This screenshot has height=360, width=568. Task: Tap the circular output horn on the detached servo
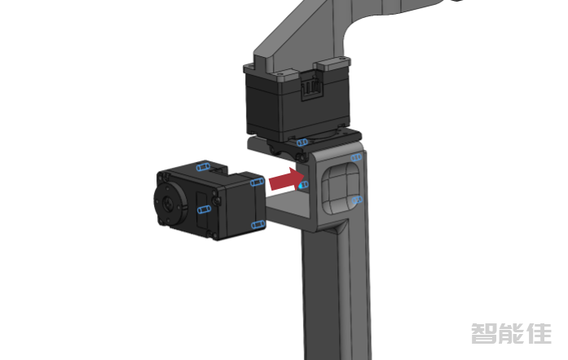point(170,204)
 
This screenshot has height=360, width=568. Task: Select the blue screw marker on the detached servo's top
point(203,167)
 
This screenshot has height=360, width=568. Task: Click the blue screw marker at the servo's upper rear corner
point(258,182)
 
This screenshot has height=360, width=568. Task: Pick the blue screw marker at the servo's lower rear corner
point(258,225)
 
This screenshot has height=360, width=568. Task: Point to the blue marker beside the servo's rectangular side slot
point(205,209)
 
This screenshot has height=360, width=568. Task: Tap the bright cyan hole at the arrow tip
point(303,185)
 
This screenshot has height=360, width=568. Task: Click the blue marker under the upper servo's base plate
point(302,143)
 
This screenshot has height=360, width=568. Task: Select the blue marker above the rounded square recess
point(356,157)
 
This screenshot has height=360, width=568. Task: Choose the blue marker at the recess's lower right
point(357,200)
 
